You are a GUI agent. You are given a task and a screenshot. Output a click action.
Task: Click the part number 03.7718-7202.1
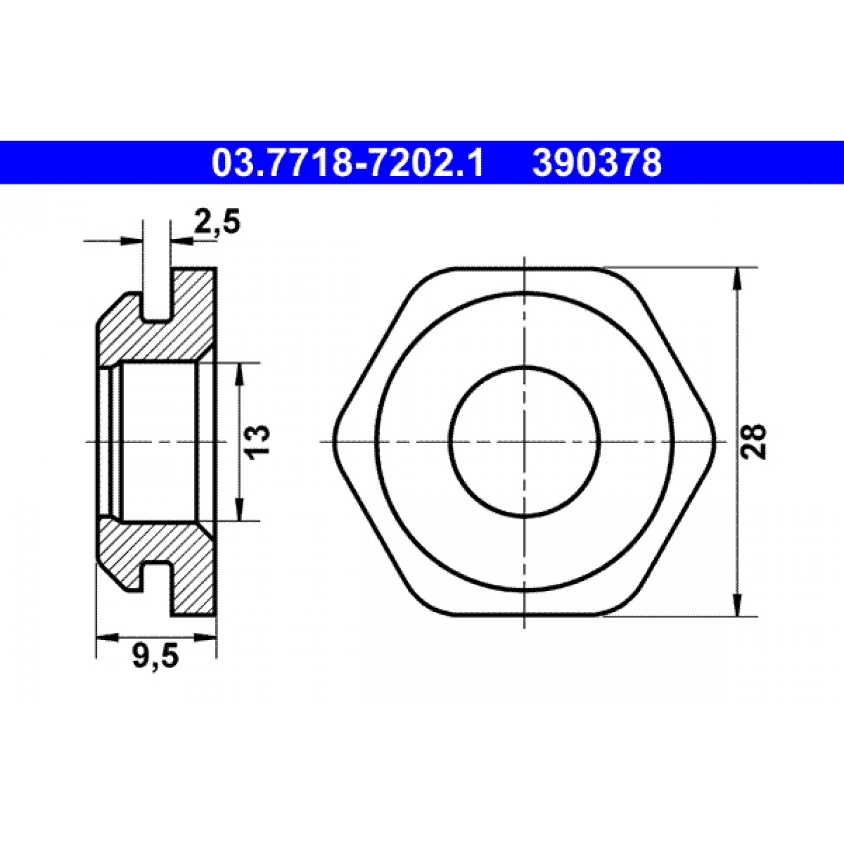tap(348, 162)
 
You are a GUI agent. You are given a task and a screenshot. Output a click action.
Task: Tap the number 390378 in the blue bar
tap(597, 162)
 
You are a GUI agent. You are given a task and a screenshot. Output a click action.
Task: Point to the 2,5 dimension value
tap(217, 223)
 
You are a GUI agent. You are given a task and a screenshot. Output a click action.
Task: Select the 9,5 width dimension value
tap(155, 658)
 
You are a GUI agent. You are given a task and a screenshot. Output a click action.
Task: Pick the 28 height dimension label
tap(754, 441)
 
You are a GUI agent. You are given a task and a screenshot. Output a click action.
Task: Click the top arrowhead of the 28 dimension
tap(737, 278)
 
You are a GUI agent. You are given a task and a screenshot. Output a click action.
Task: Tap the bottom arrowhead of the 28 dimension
tap(737, 605)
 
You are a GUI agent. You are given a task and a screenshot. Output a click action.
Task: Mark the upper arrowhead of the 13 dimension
tap(239, 373)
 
